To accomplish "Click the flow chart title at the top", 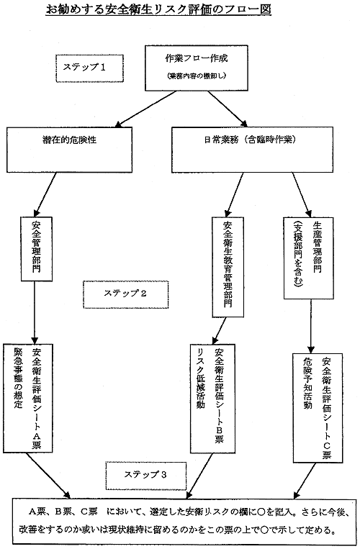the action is (x=158, y=9).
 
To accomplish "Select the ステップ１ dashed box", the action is (x=90, y=68).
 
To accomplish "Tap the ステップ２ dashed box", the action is (x=126, y=294).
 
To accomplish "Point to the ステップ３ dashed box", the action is (x=145, y=476).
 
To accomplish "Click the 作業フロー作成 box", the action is (x=197, y=68).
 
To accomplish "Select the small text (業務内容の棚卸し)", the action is (x=197, y=76).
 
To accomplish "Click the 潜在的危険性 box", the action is (x=69, y=150).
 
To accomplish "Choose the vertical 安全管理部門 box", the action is (x=37, y=249).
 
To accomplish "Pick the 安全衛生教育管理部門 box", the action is (x=228, y=267).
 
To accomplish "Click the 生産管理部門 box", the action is (x=309, y=258).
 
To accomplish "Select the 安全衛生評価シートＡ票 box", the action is (x=27, y=398).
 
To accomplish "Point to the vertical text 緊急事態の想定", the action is (x=18, y=378).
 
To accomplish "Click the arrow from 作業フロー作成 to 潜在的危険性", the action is (x=146, y=109).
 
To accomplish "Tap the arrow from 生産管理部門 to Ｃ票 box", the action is (x=310, y=326).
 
